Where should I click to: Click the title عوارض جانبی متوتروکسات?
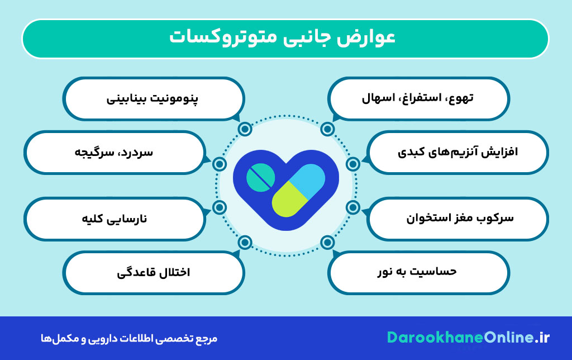pyautogui.click(x=285, y=38)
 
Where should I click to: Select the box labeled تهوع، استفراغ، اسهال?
pyautogui.click(x=418, y=98)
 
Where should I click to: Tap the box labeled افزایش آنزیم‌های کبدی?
pyautogui.click(x=459, y=152)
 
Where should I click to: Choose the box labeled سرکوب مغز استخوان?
pyautogui.click(x=459, y=217)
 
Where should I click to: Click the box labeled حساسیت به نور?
pyautogui.click(x=418, y=272)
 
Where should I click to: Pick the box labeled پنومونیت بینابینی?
pyautogui.click(x=153, y=98)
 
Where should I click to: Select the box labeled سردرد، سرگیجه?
pyautogui.click(x=114, y=152)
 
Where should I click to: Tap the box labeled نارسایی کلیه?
pyautogui.click(x=114, y=217)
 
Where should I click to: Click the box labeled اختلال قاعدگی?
pyautogui.click(x=153, y=272)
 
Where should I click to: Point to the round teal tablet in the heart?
pyautogui.click(x=260, y=178)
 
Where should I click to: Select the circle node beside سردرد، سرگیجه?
pyautogui.click(x=220, y=164)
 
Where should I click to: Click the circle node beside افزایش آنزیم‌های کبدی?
pyautogui.click(x=352, y=164)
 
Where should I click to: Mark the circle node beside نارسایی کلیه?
pyautogui.click(x=220, y=207)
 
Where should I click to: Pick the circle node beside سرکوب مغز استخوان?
pyautogui.click(x=352, y=207)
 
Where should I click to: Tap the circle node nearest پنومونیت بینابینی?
pyautogui.click(x=245, y=129)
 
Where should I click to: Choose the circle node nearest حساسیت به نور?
pyautogui.click(x=327, y=242)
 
